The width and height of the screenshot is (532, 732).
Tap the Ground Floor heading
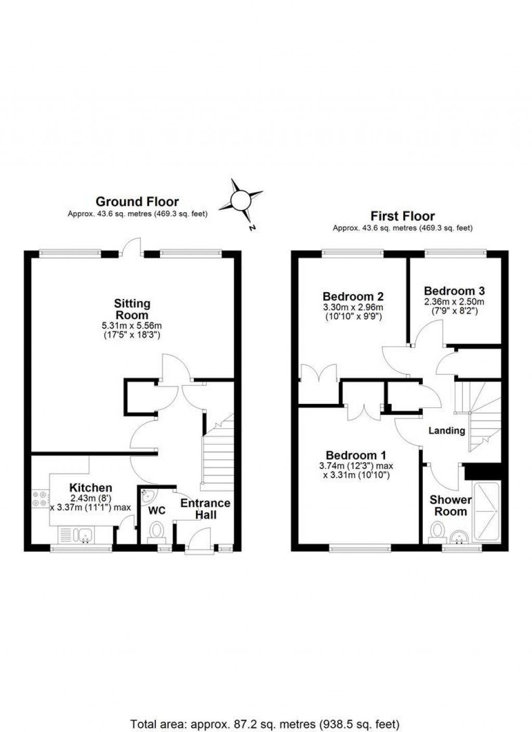[x=137, y=202]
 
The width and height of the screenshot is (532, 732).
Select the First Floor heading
[x=403, y=216]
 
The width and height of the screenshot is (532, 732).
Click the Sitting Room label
[x=132, y=309]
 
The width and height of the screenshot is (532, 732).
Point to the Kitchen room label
[x=91, y=488]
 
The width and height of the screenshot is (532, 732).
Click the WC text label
[x=157, y=511]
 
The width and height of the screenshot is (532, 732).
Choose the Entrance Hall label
[x=205, y=509]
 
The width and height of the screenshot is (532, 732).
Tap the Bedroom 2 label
[x=353, y=296]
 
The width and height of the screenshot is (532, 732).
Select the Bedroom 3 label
[x=454, y=291]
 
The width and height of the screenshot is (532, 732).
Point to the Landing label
[x=446, y=430]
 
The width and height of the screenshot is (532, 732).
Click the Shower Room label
[x=450, y=505]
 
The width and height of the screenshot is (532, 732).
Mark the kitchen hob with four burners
[x=39, y=499]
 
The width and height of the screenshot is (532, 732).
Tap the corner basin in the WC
[x=147, y=494]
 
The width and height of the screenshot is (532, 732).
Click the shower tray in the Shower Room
[x=487, y=512]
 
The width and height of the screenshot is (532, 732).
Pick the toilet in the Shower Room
[x=438, y=531]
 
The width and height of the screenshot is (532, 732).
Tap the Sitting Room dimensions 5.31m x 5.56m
[x=132, y=326]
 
